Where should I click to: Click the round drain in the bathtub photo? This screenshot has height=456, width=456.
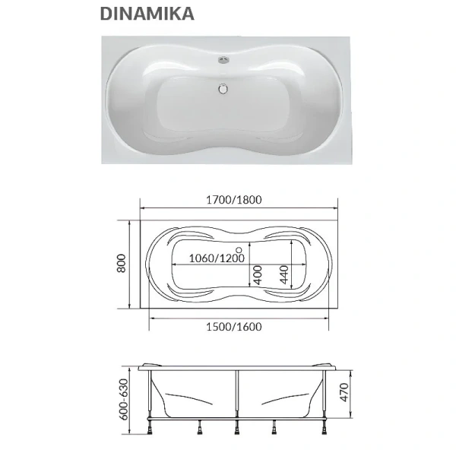(x=223, y=88)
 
